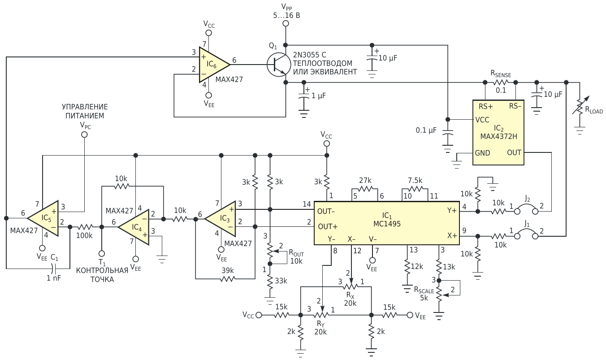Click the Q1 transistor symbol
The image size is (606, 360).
point(279,65)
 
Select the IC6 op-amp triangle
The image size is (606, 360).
point(214,65)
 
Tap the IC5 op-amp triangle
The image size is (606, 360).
point(43,218)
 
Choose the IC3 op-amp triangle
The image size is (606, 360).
point(220,218)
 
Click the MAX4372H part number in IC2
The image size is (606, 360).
point(498,136)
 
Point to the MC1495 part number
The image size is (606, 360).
point(387,224)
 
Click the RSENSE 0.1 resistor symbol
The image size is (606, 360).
point(501,82)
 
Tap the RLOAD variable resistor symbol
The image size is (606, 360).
point(580,106)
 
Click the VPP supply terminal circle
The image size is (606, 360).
point(286,24)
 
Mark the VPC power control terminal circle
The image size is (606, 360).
point(84,134)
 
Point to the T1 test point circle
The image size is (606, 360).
point(102,254)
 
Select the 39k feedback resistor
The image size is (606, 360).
point(227,279)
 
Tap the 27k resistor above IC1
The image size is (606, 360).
point(365,189)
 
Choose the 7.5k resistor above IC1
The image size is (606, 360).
point(415,189)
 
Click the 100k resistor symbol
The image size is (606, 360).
point(85,227)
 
